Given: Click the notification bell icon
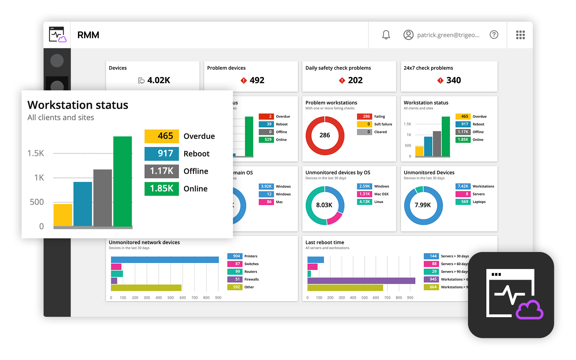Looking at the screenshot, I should pyautogui.click(x=386, y=35).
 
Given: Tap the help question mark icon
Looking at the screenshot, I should pyautogui.click(x=494, y=35).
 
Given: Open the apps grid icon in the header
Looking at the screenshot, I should pyautogui.click(x=520, y=35).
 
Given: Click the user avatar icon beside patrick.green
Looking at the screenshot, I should pyautogui.click(x=408, y=35).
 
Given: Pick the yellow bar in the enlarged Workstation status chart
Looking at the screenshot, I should pyautogui.click(x=63, y=215).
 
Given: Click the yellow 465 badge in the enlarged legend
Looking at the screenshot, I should pyautogui.click(x=162, y=136).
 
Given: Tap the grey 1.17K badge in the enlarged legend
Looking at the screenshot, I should pyautogui.click(x=162, y=171).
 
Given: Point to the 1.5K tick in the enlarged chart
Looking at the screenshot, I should pyautogui.click(x=36, y=153).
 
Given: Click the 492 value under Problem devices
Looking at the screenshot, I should pyautogui.click(x=257, y=80).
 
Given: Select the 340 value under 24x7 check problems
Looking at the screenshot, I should pyautogui.click(x=454, y=80).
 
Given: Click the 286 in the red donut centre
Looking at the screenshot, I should pyautogui.click(x=325, y=135).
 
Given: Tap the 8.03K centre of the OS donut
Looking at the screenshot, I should pyautogui.click(x=324, y=205).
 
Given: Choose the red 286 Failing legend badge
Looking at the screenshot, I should pyautogui.click(x=364, y=116).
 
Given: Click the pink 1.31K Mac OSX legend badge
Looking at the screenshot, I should pyautogui.click(x=364, y=194).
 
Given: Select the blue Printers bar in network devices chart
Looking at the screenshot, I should pyautogui.click(x=165, y=260).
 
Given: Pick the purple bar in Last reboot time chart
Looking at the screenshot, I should pyautogui.click(x=361, y=280).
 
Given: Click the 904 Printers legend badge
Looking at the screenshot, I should pyautogui.click(x=235, y=256).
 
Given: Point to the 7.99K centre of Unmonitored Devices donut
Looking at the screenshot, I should pyautogui.click(x=423, y=205).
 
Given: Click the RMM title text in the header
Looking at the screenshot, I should pyautogui.click(x=88, y=35).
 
